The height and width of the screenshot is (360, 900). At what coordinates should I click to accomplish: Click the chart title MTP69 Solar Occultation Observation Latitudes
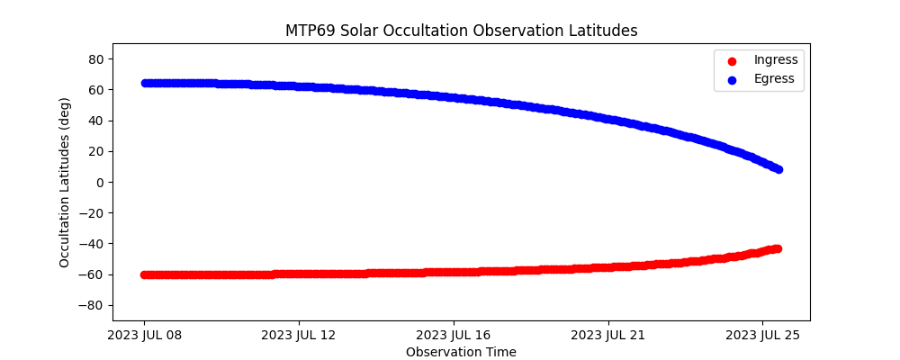click(x=461, y=31)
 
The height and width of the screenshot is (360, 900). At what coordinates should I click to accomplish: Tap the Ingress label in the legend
click(x=776, y=60)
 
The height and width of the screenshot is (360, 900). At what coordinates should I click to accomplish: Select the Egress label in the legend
click(x=774, y=78)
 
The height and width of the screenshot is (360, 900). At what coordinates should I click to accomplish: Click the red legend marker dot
click(x=731, y=61)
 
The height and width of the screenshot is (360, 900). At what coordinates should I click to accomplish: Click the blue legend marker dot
click(x=731, y=79)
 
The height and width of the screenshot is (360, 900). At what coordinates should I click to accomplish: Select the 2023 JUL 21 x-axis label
click(x=608, y=336)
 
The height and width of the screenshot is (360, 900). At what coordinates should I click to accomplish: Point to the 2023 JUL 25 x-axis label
click(x=763, y=336)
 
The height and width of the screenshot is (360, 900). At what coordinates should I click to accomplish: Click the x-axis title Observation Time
click(x=461, y=352)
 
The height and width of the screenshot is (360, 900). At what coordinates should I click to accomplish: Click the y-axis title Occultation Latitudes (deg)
click(x=65, y=182)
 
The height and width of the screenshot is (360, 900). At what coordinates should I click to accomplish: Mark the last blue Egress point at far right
click(x=778, y=169)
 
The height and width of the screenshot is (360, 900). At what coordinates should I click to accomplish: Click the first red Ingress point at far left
click(x=144, y=274)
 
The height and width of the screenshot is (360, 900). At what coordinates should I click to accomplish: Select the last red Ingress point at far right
click(x=777, y=248)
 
